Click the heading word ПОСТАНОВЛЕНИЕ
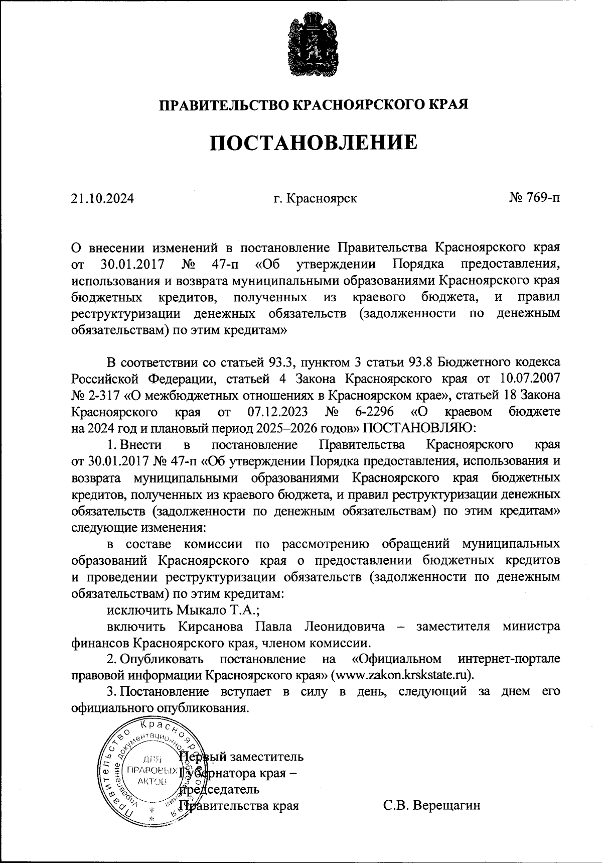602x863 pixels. (313, 143)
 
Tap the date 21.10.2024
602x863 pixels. (102, 198)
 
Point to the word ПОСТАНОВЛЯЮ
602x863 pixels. (415, 428)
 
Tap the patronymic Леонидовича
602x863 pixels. (345, 627)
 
